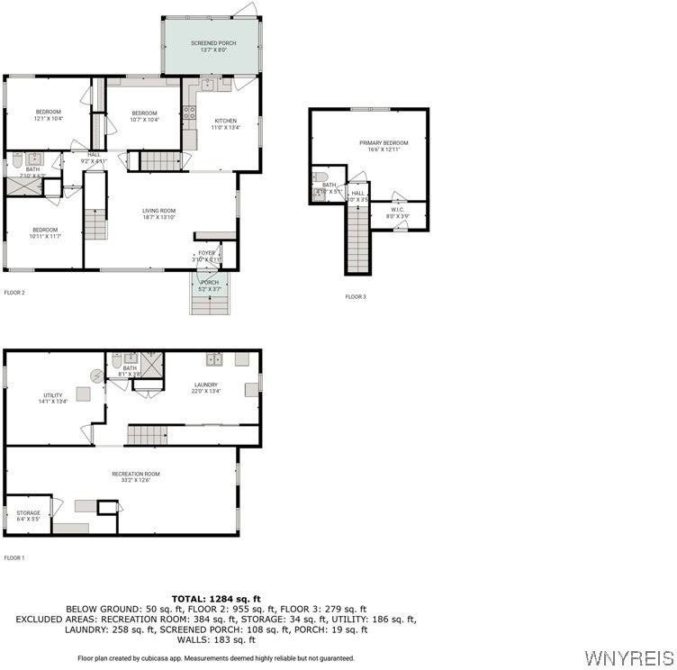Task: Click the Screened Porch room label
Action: (x=212, y=47)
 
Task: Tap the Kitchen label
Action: (x=225, y=124)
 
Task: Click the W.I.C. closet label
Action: (x=398, y=213)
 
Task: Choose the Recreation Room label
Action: (x=136, y=477)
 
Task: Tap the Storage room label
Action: (x=28, y=516)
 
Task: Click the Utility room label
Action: (x=53, y=399)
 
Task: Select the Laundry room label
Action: (x=206, y=388)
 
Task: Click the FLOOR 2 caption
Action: (x=14, y=293)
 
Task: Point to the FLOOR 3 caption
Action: (x=356, y=296)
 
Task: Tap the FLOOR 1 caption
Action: (x=14, y=557)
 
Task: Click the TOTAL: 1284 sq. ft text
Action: (x=216, y=599)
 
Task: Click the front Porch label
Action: (x=209, y=285)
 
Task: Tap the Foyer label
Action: (x=207, y=256)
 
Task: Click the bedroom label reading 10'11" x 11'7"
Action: (x=45, y=232)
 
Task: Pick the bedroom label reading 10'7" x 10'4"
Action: (x=144, y=116)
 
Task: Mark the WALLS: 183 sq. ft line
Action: (x=216, y=639)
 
